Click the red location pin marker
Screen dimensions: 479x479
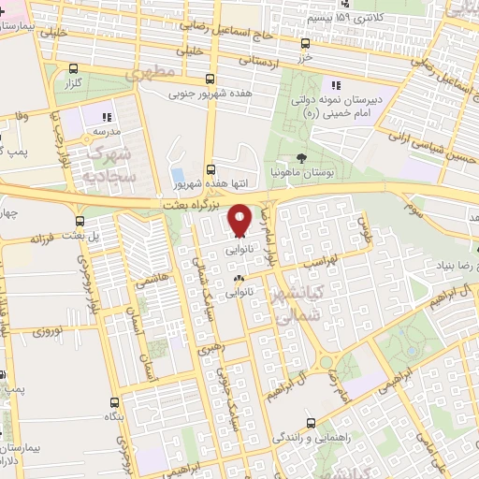(x=239, y=218)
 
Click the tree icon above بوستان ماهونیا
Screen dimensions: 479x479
(x=300, y=158)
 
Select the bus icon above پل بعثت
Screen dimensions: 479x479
(x=80, y=223)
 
